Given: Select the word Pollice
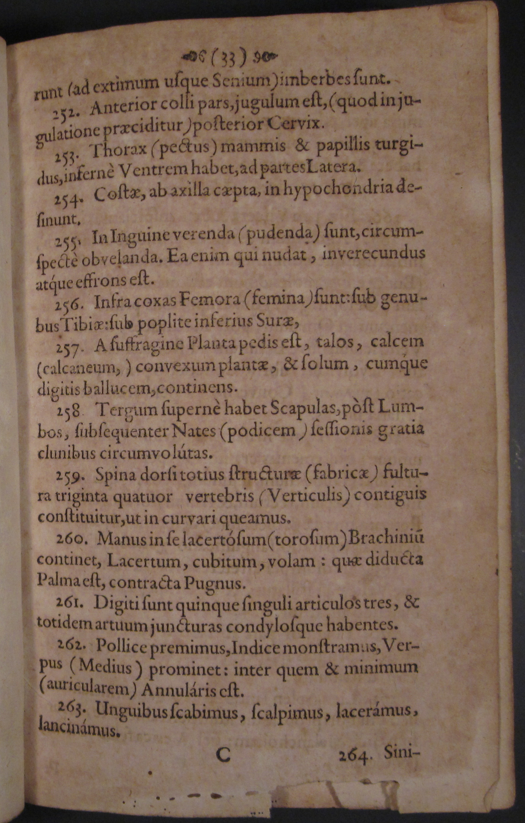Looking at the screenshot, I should pyautogui.click(x=122, y=647).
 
